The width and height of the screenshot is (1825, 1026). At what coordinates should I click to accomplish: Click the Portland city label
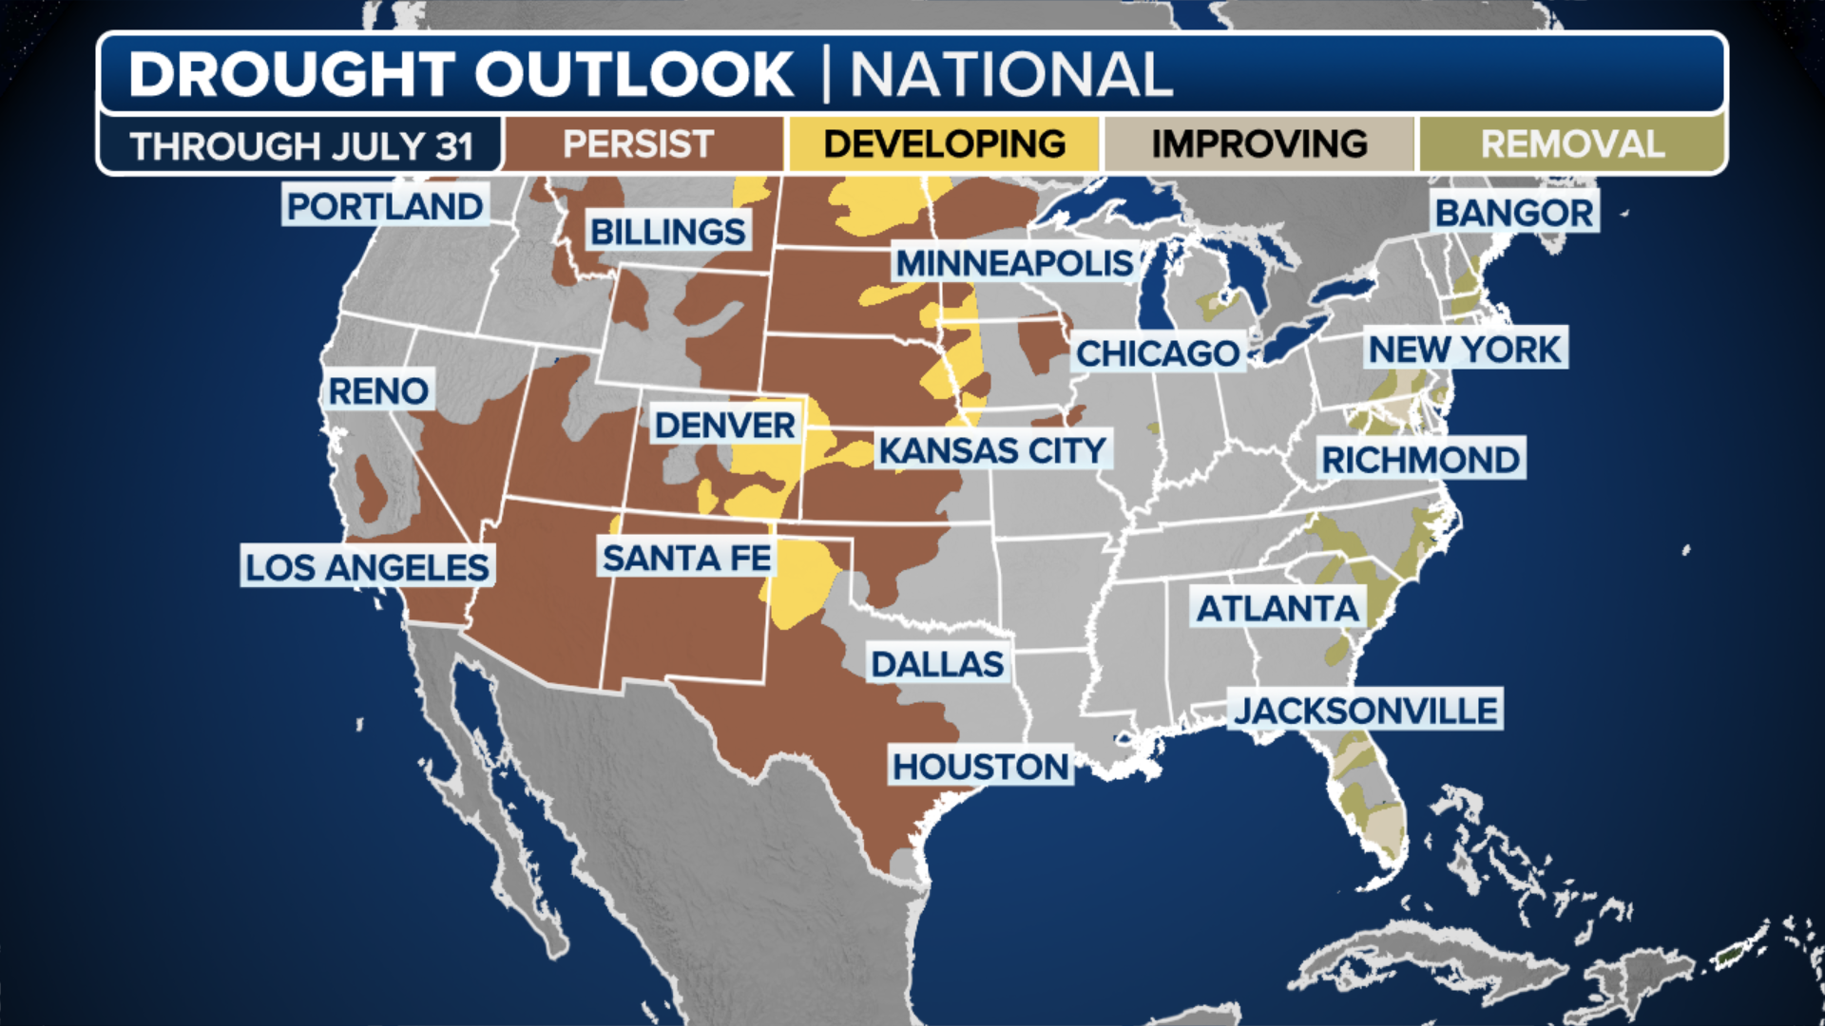pos(385,206)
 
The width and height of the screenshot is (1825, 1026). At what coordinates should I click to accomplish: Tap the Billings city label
pos(667,231)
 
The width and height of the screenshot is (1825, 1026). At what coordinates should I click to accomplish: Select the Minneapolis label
pos(1014,263)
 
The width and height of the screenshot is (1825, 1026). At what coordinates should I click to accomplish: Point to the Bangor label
pos(1514,213)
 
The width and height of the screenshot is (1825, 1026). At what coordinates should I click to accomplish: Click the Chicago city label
pos(1158,353)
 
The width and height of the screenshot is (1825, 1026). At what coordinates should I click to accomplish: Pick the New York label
pos(1465,350)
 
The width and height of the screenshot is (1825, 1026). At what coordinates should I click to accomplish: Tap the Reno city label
pos(377,390)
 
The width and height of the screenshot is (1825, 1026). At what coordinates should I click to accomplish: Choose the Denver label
pos(725,425)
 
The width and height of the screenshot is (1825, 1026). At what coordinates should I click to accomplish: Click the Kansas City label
pos(992,450)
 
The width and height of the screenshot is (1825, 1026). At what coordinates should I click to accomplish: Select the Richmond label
pos(1420,460)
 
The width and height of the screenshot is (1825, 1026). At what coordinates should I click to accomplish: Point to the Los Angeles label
pos(367,567)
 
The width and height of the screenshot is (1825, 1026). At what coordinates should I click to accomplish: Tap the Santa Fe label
pos(686,558)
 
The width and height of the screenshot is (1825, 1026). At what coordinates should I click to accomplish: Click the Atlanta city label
pos(1277,608)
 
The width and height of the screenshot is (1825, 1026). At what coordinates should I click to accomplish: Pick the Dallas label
pos(937,664)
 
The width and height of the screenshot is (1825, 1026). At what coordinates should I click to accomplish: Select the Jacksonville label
pos(1366,711)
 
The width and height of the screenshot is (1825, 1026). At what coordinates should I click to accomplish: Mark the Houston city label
pos(981,766)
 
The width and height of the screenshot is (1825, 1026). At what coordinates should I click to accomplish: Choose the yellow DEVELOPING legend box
pos(944,144)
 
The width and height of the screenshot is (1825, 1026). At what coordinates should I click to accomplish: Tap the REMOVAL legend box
pos(1572,144)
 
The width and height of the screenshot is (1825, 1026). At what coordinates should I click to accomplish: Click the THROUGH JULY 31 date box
pos(301,145)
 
